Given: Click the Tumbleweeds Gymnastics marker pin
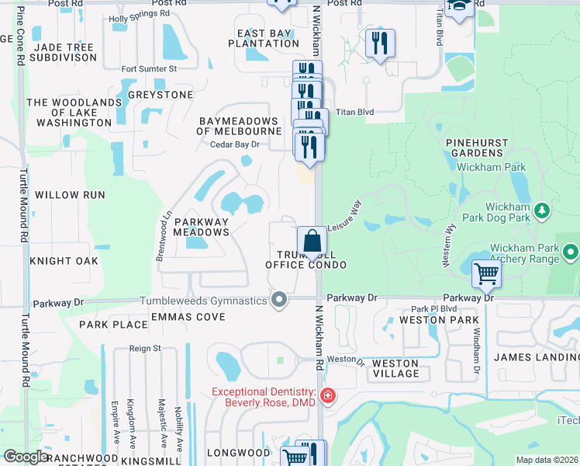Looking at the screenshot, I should [x=279, y=300].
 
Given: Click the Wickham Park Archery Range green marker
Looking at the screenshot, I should [x=571, y=252].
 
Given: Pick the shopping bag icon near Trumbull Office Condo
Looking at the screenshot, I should [x=311, y=240].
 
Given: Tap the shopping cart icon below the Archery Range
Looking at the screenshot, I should [x=486, y=273].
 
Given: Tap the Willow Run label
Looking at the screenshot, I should [x=70, y=195].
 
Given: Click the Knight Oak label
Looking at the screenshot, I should [x=64, y=261].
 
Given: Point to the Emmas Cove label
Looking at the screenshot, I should [x=188, y=317].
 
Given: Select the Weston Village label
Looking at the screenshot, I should [x=395, y=368].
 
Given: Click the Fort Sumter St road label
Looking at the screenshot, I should [x=150, y=68].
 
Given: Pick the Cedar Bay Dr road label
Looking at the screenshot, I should [x=244, y=145].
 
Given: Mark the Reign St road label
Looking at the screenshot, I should [x=145, y=349].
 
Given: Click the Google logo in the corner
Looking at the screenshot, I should [x=25, y=457].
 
